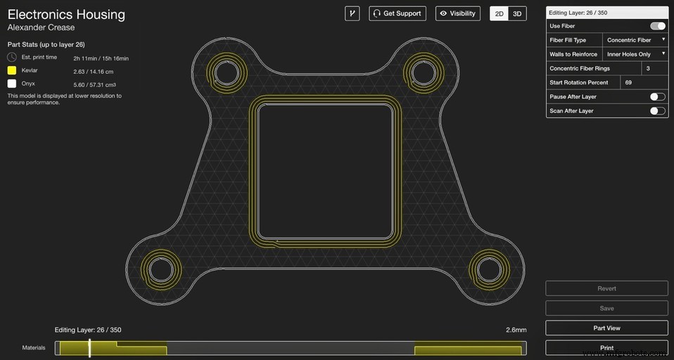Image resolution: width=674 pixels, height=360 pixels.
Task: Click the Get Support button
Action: (x=398, y=13)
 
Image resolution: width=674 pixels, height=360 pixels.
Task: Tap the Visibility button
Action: (x=458, y=13)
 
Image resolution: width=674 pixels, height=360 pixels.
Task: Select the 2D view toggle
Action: (x=499, y=13)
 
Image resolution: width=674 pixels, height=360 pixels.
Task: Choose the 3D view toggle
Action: (x=517, y=13)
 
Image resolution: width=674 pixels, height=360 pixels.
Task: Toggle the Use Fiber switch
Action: (x=658, y=26)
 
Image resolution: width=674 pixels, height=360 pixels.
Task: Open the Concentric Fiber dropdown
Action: (x=635, y=40)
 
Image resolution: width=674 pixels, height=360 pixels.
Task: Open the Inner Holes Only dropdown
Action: (x=635, y=54)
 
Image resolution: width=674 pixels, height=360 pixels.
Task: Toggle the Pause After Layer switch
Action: (x=658, y=96)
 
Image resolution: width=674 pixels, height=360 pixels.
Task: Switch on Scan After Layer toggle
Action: (x=658, y=110)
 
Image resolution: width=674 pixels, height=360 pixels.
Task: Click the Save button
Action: (x=606, y=308)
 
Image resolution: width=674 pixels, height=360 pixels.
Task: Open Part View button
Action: (x=606, y=328)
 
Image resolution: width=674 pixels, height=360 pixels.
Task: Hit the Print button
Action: (x=606, y=347)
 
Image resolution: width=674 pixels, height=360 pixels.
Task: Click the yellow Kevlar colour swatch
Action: (x=12, y=70)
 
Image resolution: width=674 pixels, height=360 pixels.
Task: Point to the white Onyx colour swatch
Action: (x=12, y=83)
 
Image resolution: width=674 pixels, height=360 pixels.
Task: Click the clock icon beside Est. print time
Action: (x=12, y=57)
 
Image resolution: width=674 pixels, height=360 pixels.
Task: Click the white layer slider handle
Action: (x=89, y=347)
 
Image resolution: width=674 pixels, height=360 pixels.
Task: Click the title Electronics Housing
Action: (x=66, y=14)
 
